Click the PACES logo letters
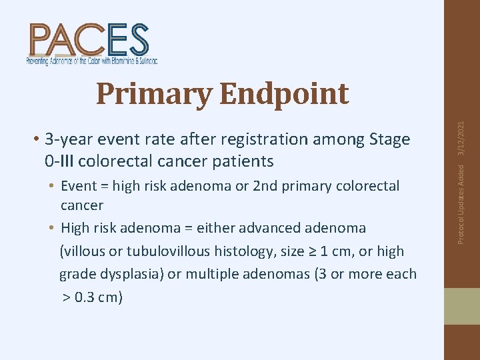pyautogui.click(x=89, y=39)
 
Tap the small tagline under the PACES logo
pyautogui.click(x=92, y=61)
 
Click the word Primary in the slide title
pyautogui.click(x=154, y=94)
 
